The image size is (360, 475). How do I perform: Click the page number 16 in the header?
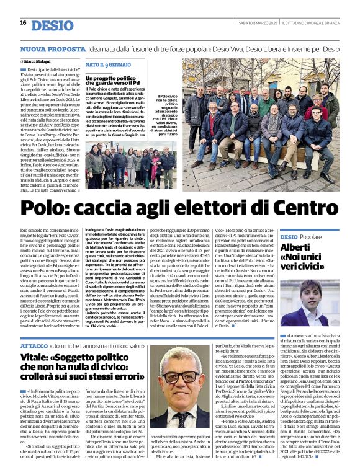click(x=23, y=22)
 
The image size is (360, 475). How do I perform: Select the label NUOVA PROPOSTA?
click(x=44, y=48)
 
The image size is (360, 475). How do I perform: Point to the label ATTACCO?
click(x=34, y=345)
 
